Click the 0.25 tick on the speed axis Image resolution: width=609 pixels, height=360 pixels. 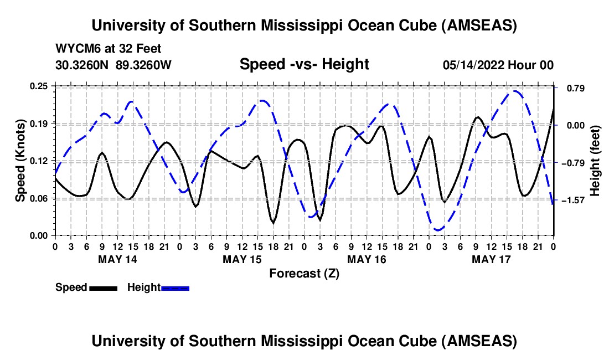pyautogui.click(x=40, y=86)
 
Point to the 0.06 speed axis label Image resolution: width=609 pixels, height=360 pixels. pyautogui.click(x=40, y=198)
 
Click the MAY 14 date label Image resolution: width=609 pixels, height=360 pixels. pyautogui.click(x=117, y=259)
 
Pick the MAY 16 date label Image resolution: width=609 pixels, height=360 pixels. pyautogui.click(x=367, y=259)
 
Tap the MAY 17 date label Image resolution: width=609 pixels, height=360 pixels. pyautogui.click(x=491, y=259)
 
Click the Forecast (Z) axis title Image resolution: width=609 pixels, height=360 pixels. pyautogui.click(x=304, y=273)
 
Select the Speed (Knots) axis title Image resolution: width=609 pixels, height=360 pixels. pyautogui.click(x=20, y=161)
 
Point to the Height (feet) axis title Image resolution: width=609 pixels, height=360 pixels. pyautogui.click(x=596, y=161)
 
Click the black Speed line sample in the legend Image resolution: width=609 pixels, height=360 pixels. pyautogui.click(x=103, y=287)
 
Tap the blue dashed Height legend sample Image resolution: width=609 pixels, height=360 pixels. pyautogui.click(x=176, y=287)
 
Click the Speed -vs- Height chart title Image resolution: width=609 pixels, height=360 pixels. pyautogui.click(x=304, y=64)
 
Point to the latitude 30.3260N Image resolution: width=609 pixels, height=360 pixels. pyautogui.click(x=82, y=65)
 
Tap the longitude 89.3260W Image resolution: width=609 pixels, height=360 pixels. pyautogui.click(x=144, y=65)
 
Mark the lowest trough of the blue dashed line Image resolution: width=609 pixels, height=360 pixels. pyautogui.click(x=438, y=229)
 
